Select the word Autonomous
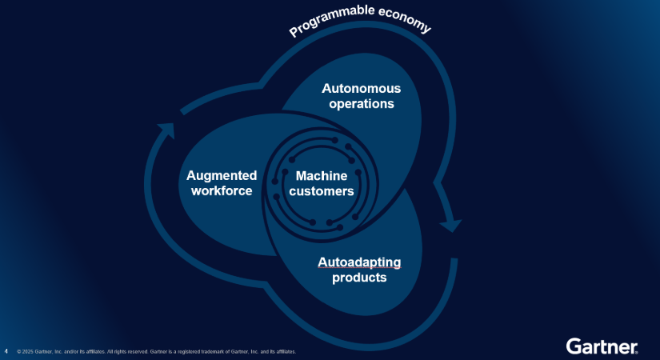point(361,88)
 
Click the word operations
point(361,104)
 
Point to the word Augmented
point(222,175)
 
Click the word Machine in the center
point(321,175)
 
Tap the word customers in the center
point(321,191)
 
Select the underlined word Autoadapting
point(359,262)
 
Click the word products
point(359,278)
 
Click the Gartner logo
point(602,346)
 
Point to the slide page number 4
point(6,350)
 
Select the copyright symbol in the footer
point(18,351)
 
